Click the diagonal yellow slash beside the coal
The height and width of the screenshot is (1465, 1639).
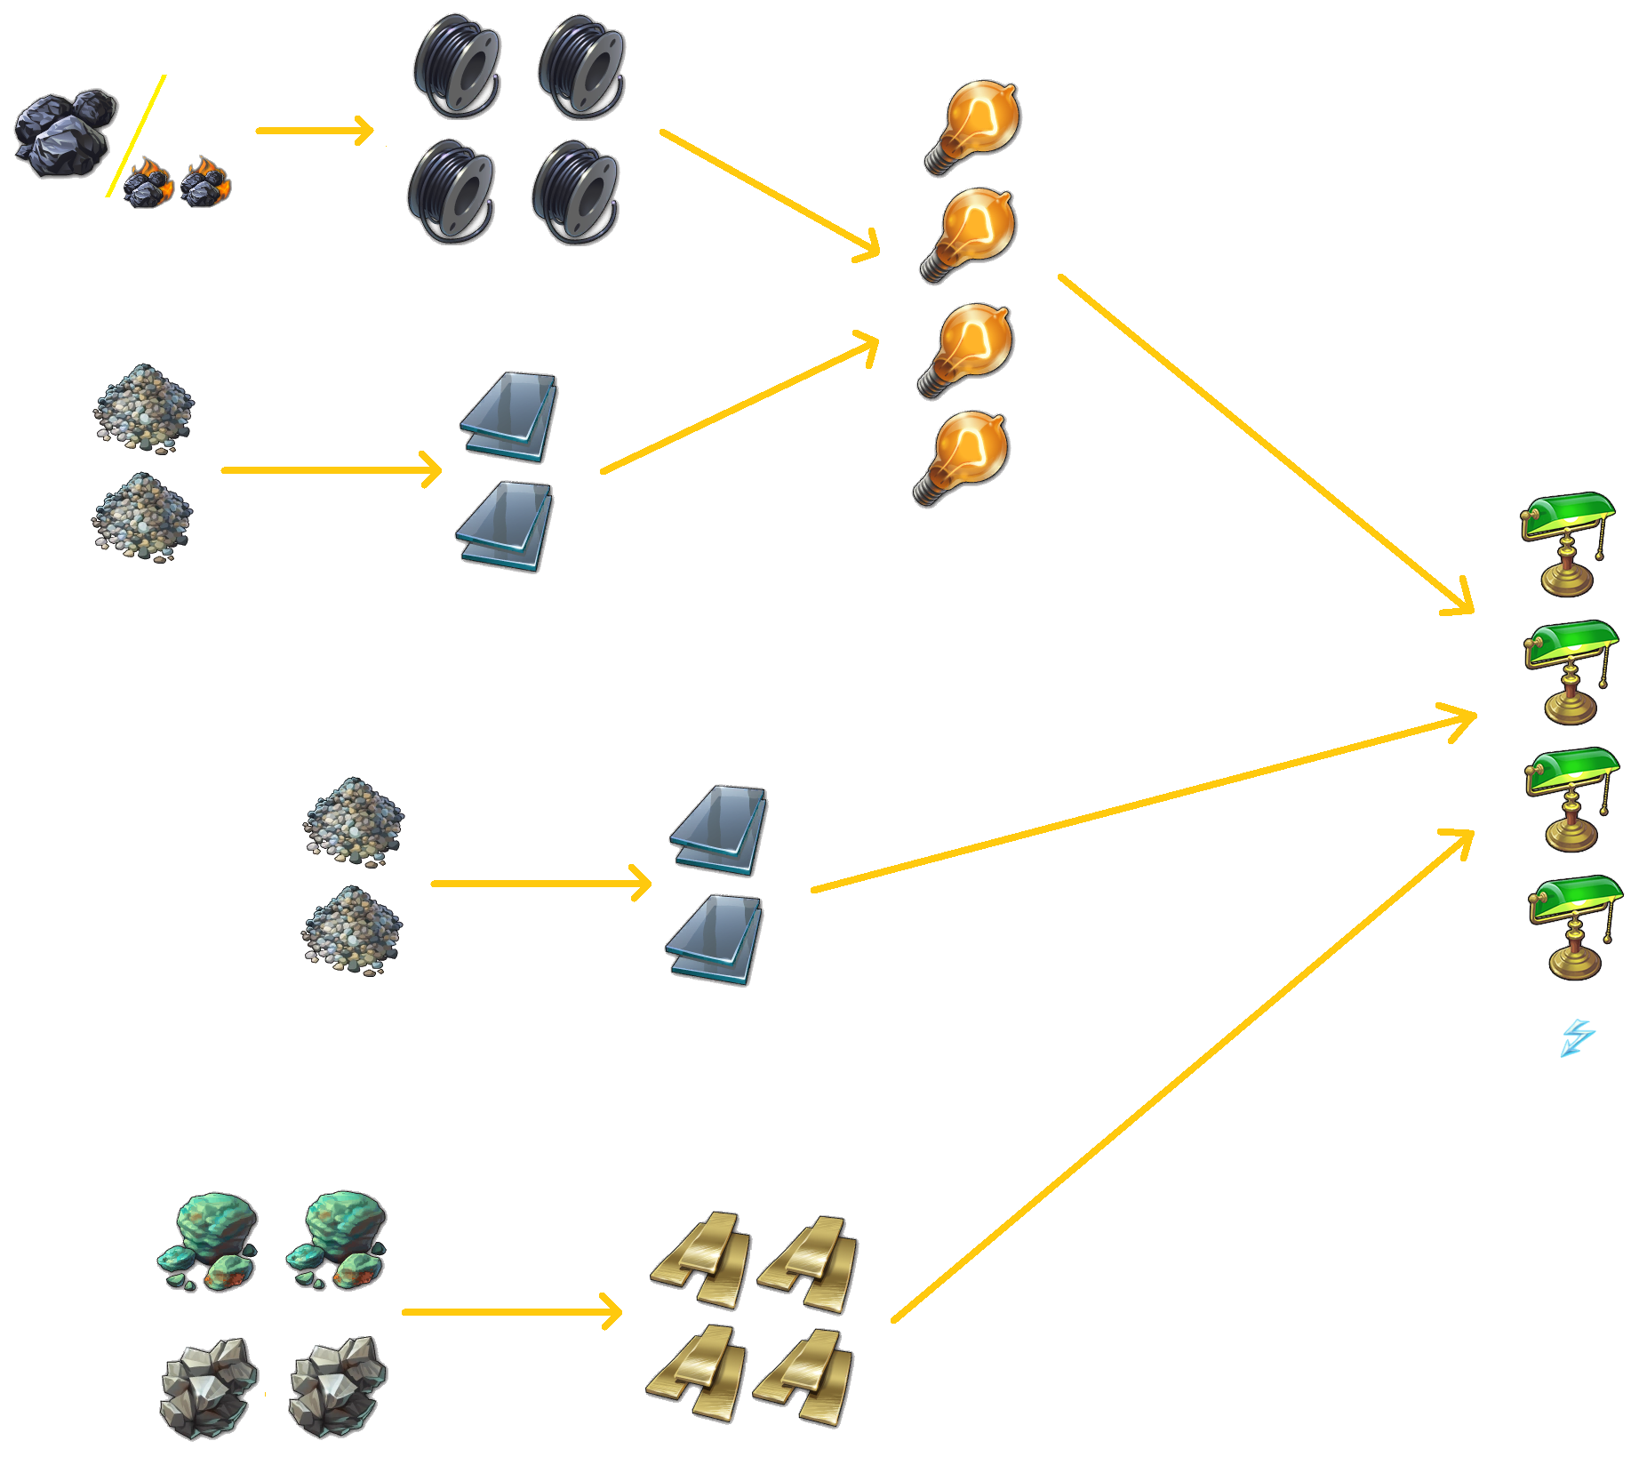click(x=136, y=136)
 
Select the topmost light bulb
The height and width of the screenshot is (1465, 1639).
click(x=973, y=126)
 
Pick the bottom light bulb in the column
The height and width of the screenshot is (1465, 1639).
click(x=962, y=457)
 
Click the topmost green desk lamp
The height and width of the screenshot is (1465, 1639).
click(x=1567, y=541)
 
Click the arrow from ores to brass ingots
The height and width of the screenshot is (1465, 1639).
click(x=510, y=1311)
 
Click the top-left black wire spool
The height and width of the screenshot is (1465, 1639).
click(x=457, y=65)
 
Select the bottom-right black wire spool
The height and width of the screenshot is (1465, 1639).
click(x=576, y=192)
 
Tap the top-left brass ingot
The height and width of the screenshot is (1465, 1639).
click(x=701, y=1258)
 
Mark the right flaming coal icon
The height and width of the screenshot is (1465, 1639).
click(x=205, y=181)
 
